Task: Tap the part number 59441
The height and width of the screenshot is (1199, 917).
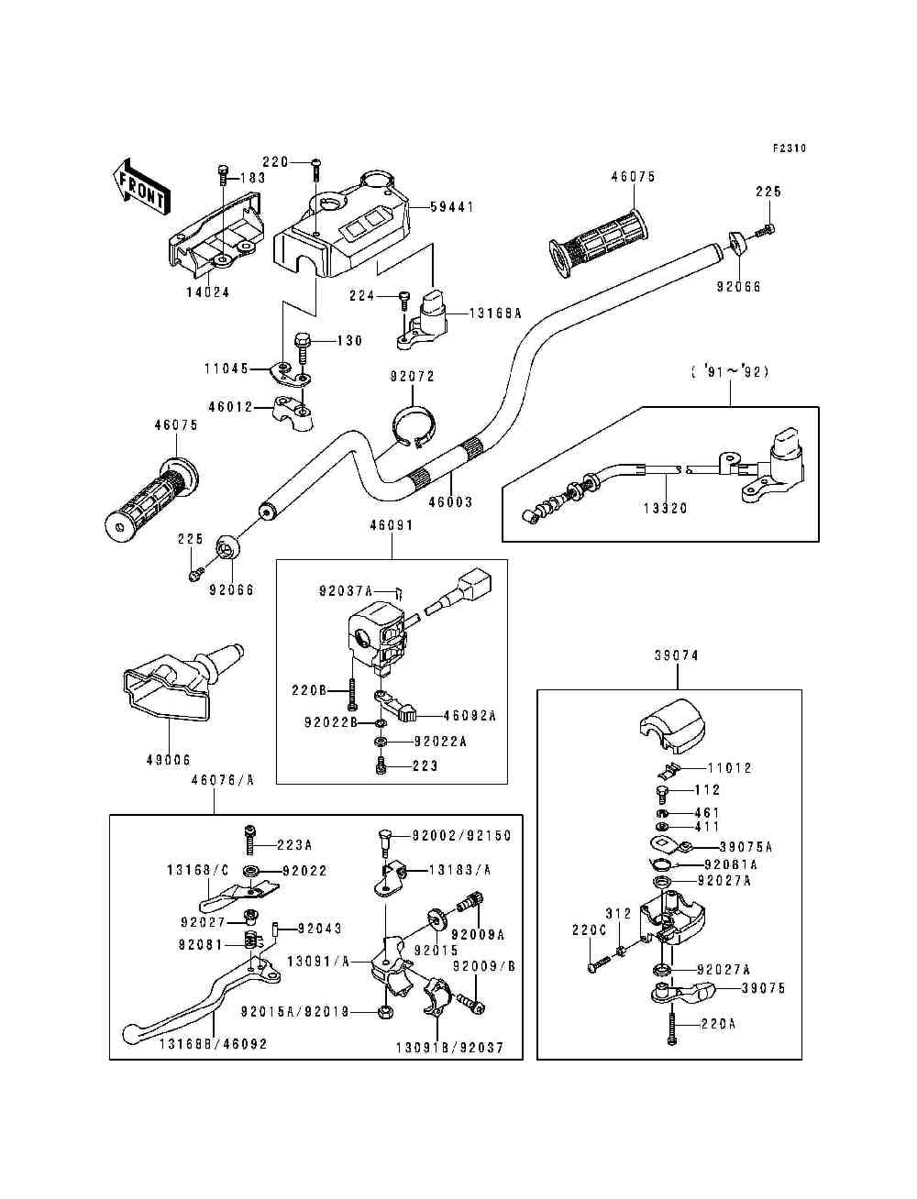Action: pyautogui.click(x=453, y=207)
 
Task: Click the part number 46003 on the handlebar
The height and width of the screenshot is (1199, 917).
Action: pyautogui.click(x=451, y=502)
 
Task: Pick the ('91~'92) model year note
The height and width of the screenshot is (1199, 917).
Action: pyautogui.click(x=730, y=372)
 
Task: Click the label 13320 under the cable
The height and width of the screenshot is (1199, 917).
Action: pyautogui.click(x=666, y=508)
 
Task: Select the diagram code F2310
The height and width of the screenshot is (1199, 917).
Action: pyautogui.click(x=789, y=148)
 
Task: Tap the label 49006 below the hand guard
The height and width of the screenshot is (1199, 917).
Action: pyautogui.click(x=168, y=760)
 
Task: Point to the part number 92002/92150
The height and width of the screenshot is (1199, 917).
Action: pyautogui.click(x=461, y=836)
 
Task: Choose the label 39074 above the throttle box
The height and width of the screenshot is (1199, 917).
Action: pyautogui.click(x=677, y=656)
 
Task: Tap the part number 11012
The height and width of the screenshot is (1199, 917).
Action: pyautogui.click(x=729, y=768)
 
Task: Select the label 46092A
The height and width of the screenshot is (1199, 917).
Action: pyautogui.click(x=470, y=716)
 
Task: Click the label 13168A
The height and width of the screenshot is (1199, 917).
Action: pyautogui.click(x=495, y=313)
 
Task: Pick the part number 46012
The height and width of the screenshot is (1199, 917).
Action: pyautogui.click(x=228, y=407)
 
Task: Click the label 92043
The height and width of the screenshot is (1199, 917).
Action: pyautogui.click(x=319, y=929)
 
